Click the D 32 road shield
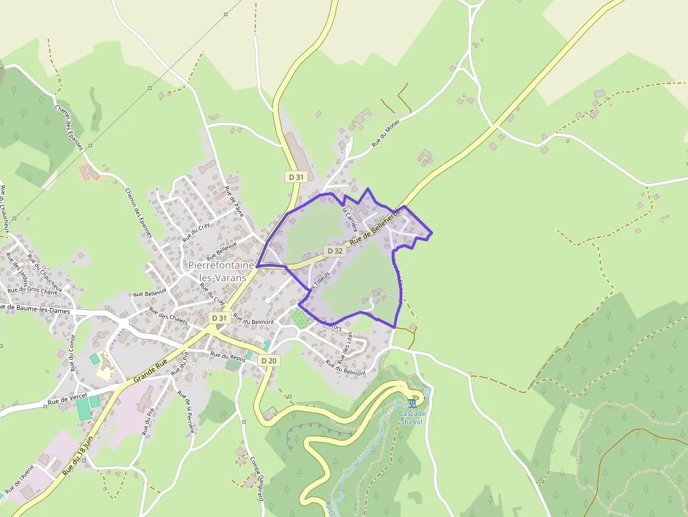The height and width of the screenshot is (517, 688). click(x=335, y=251)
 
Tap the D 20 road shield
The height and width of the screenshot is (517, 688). click(x=269, y=361)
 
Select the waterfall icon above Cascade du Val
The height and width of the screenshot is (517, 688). click(x=414, y=403)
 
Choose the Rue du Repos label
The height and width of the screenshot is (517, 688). click(x=228, y=356)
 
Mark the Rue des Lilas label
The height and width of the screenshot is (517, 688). click(x=347, y=342)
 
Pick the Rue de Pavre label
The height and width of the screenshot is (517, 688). click(x=234, y=201)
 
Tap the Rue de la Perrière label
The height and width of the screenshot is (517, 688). click(x=186, y=413)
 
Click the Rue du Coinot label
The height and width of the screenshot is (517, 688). click(x=72, y=351)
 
